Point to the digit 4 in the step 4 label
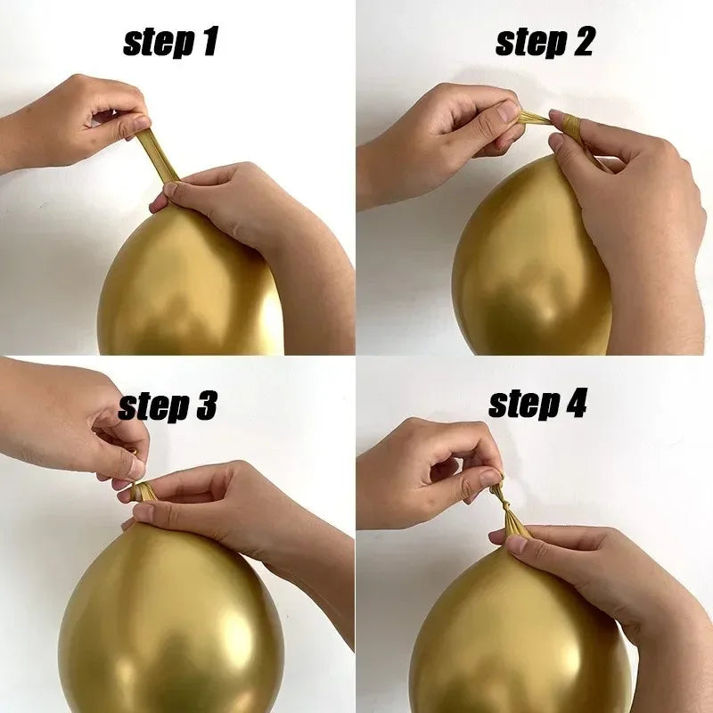pyautogui.click(x=574, y=403)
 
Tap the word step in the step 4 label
pyautogui.click(x=524, y=405)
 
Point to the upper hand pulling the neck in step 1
pyautogui.click(x=73, y=123)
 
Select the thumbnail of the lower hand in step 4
pyautogui.click(x=517, y=544)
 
